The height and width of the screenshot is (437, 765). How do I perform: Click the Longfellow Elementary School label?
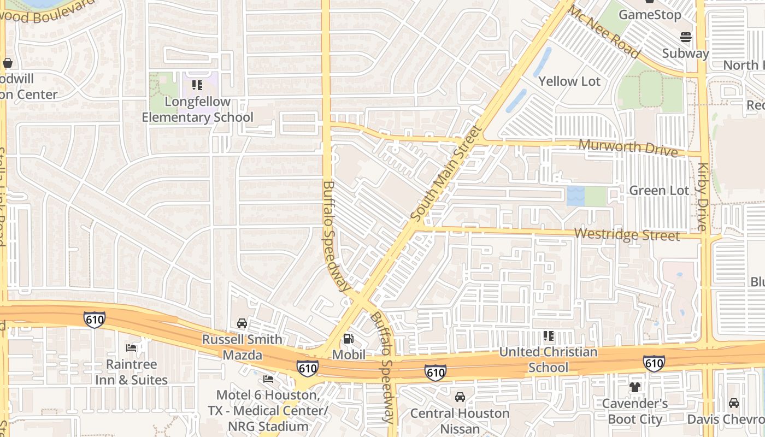(x=197, y=109)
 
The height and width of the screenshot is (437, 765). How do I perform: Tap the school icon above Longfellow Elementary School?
(x=197, y=85)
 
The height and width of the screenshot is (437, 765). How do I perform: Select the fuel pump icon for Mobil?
(x=348, y=339)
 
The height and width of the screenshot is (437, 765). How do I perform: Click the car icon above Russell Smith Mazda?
(x=242, y=323)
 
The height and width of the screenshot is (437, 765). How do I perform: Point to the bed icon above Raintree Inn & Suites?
(x=131, y=348)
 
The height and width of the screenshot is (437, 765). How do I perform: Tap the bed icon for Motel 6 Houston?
(x=268, y=379)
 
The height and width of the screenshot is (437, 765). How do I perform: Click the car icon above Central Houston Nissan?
(x=460, y=397)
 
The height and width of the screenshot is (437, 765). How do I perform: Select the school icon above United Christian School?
(x=549, y=336)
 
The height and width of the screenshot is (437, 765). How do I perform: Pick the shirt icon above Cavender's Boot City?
(x=635, y=387)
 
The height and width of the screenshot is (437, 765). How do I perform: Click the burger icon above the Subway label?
(x=685, y=37)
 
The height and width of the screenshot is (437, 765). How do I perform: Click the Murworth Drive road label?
(x=628, y=147)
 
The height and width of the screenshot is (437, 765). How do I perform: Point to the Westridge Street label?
(x=627, y=235)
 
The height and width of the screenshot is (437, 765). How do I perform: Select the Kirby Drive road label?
(x=703, y=197)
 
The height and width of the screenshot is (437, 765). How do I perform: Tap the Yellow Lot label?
(x=569, y=81)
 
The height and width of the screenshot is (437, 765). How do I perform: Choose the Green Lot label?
(x=659, y=190)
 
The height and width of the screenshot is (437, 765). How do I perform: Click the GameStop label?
(x=650, y=15)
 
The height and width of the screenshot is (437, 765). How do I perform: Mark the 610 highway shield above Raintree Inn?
(x=94, y=320)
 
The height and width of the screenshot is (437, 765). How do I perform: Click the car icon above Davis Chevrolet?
(x=733, y=403)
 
